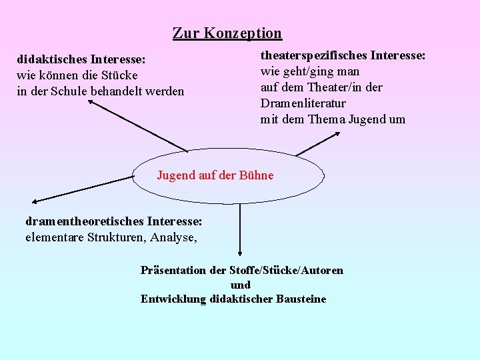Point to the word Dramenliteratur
point(303,103)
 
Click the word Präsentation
point(174,270)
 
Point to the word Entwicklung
point(173,299)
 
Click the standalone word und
point(240,285)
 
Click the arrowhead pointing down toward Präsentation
point(239,252)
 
